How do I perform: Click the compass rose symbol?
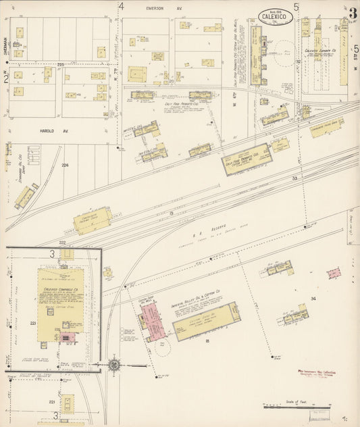113,365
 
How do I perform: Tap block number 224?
66,165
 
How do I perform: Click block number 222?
61,241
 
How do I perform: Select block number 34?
313,298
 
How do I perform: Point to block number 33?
294,178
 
